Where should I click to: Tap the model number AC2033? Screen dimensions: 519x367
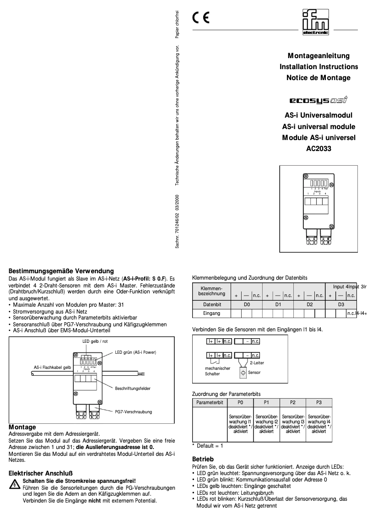318,148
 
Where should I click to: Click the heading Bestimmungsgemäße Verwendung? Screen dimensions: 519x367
61,271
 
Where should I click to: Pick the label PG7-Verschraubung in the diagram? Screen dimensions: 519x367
133,412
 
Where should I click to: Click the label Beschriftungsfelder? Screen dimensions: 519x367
133,389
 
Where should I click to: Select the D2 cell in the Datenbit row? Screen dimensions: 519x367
309,304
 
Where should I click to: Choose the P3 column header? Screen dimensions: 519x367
319,402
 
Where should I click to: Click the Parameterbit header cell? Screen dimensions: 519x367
210,402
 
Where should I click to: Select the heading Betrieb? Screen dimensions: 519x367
202,459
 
